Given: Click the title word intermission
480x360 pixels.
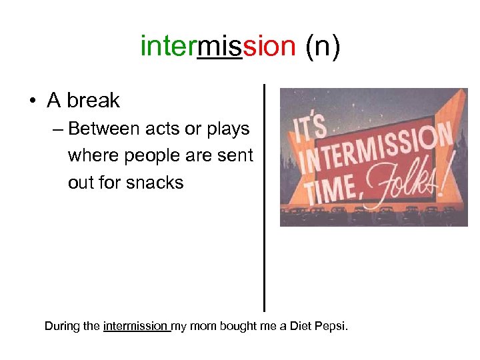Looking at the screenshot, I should click(x=218, y=47).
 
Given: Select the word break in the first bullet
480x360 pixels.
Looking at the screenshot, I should click(x=93, y=101).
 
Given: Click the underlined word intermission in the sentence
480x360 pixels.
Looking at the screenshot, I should click(x=136, y=326).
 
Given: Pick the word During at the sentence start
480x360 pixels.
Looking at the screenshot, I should click(x=62, y=326).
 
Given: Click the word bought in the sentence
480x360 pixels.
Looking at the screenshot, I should click(x=237, y=326).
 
